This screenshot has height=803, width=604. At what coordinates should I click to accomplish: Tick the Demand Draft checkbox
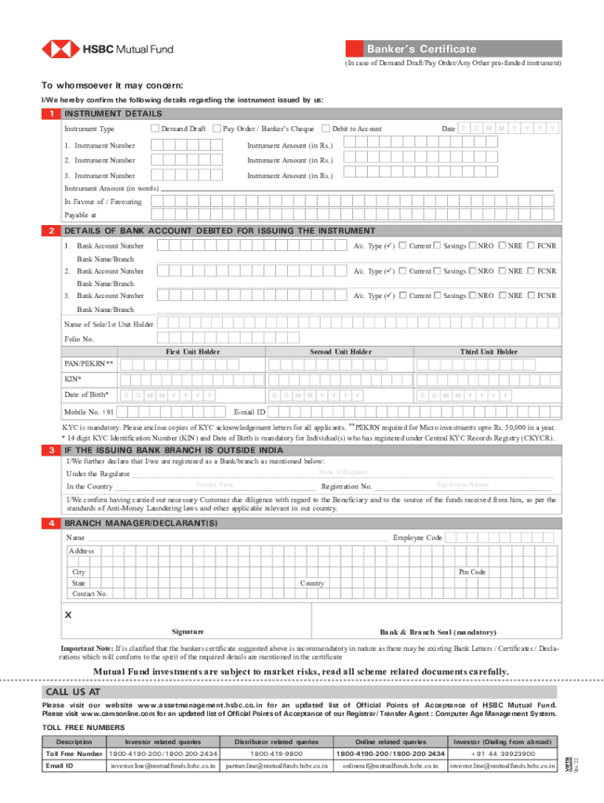(x=155, y=129)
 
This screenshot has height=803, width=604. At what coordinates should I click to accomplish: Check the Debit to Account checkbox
(x=326, y=129)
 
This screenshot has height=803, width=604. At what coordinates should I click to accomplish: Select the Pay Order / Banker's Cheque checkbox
(x=216, y=129)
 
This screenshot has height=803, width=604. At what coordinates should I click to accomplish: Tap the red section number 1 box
(x=49, y=114)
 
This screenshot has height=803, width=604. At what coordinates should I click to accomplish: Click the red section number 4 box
(x=49, y=522)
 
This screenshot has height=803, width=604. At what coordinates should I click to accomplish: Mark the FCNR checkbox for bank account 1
(x=531, y=246)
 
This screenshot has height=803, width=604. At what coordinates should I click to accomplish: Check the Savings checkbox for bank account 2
(x=437, y=271)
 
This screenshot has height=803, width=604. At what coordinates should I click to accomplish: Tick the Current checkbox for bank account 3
(x=402, y=296)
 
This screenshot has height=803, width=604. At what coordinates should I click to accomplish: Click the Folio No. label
(x=78, y=339)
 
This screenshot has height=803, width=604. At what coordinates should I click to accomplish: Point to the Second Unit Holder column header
(x=340, y=352)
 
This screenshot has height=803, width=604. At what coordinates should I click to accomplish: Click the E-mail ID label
(x=250, y=412)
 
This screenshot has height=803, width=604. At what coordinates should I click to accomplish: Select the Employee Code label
(x=417, y=538)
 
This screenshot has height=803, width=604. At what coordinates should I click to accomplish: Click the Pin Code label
(x=472, y=572)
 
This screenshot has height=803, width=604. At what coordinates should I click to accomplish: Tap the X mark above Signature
(x=68, y=615)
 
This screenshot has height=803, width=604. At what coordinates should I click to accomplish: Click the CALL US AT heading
(x=72, y=692)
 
